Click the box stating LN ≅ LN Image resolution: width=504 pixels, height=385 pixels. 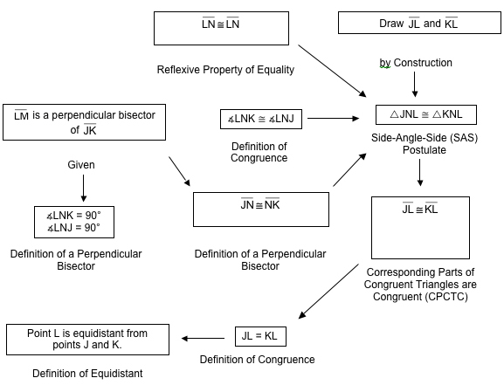click(220, 27)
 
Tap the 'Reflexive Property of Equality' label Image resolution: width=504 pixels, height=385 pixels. click(225, 70)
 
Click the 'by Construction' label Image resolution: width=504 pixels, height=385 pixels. click(416, 63)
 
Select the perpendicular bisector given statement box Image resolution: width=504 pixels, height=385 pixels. click(84, 122)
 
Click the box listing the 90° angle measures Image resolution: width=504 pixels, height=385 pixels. click(73, 221)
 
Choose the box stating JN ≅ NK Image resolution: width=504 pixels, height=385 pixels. click(260, 209)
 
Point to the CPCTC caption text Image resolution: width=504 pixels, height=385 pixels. click(420, 284)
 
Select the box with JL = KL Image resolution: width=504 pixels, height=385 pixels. click(260, 335)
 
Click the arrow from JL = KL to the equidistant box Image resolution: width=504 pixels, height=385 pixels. click(204, 338)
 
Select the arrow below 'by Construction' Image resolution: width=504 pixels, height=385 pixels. click(414, 84)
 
